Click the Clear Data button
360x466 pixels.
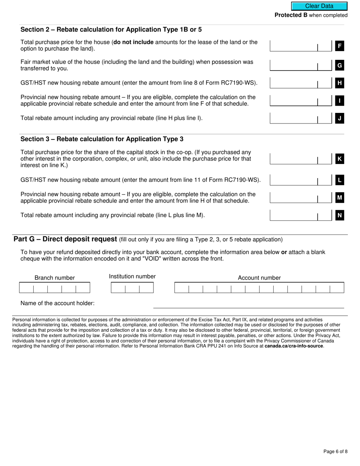tap(319, 6)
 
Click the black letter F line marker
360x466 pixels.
tap(340, 46)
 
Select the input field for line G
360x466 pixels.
tap(293, 65)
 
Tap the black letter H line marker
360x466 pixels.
tap(340, 83)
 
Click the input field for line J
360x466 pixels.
tap(293, 118)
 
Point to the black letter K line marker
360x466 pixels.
tap(340, 159)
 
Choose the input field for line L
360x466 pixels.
tap(293, 180)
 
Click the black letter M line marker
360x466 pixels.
tap(340, 197)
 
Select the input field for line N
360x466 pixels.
tap(293, 215)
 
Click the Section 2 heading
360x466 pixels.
tap(111, 30)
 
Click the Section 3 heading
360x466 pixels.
tap(102, 139)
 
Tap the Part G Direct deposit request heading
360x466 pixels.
tap(65, 239)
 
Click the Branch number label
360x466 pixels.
tap(55, 278)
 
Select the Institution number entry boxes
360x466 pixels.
tap(132, 288)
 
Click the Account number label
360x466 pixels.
tap(259, 278)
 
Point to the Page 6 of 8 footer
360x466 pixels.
tap(335, 451)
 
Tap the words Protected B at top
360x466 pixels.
tap(291, 15)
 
